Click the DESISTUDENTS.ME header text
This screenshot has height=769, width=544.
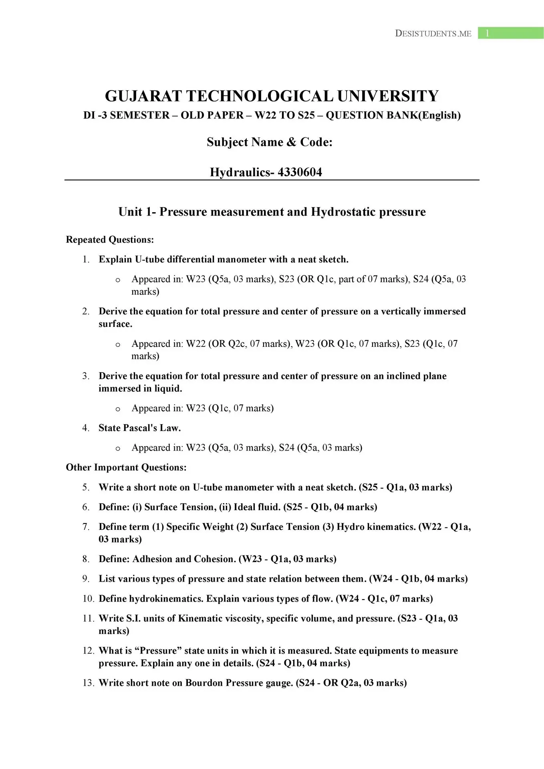click(x=433, y=34)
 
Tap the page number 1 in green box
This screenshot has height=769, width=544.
click(x=487, y=33)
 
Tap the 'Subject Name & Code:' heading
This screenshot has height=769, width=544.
click(x=270, y=142)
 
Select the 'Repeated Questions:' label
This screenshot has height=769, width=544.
click(x=110, y=240)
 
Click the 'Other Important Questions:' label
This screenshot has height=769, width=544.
click(x=126, y=467)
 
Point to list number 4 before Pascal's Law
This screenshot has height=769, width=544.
click(x=86, y=428)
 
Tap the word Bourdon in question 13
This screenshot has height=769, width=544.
click(x=204, y=683)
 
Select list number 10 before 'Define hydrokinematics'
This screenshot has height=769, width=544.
click(x=88, y=599)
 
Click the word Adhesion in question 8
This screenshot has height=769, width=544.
click(x=152, y=559)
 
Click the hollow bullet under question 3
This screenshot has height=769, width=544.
click(x=118, y=409)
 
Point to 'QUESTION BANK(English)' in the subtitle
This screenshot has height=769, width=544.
click(x=393, y=115)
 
